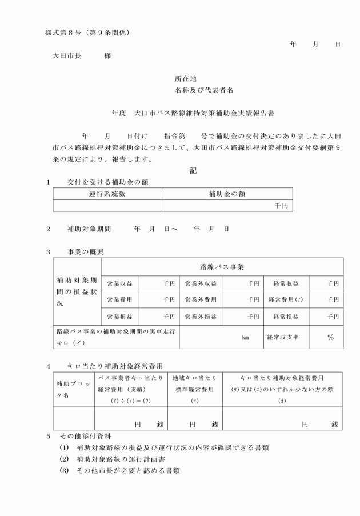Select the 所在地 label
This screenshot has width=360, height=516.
pos(186,79)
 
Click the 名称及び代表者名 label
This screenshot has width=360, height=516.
pos(203,91)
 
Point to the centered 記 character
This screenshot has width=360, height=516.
pos(193,170)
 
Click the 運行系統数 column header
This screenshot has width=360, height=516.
pos(107,194)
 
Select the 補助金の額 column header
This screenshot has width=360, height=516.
pos(227,194)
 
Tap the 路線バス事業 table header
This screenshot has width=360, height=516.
pos(222,267)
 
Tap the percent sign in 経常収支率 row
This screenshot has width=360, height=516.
pos(330,337)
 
